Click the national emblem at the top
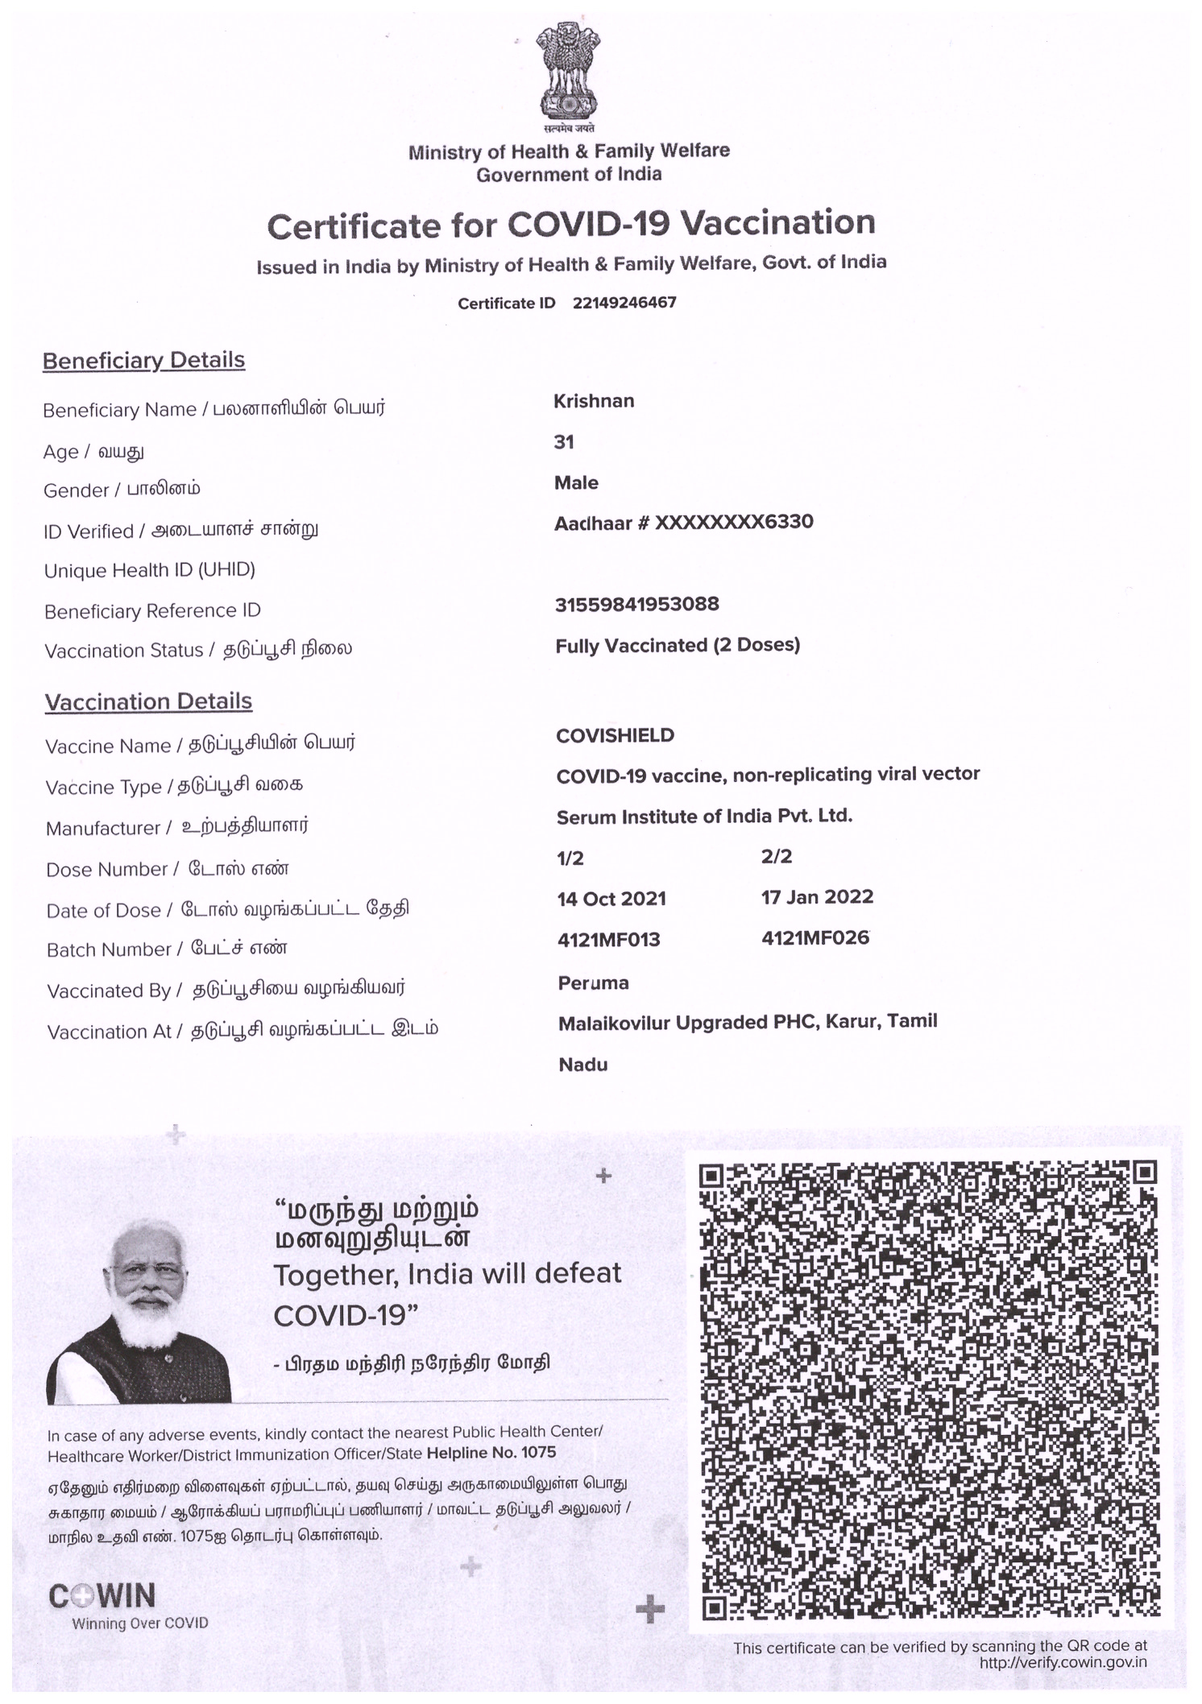point(569,76)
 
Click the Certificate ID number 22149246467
point(624,303)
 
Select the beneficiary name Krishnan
point(594,401)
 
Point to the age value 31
point(564,442)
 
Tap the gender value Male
point(576,483)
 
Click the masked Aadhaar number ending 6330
point(684,523)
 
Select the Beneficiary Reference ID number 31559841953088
point(637,605)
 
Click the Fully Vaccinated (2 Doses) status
point(678,646)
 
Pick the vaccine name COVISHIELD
point(616,735)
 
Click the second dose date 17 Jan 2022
point(817,897)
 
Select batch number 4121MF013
point(608,940)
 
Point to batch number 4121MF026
point(814,938)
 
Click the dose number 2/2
point(777,857)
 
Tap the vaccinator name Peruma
point(593,983)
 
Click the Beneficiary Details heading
point(143,360)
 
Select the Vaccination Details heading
point(148,701)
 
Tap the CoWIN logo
point(102,1597)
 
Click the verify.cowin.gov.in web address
point(1063,1663)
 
